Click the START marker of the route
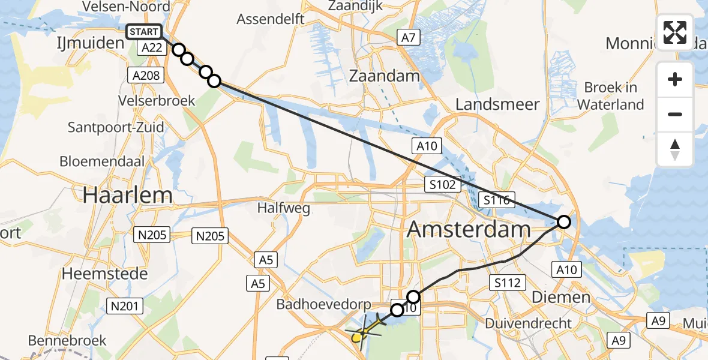coord(144,32)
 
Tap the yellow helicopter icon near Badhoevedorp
coord(364,332)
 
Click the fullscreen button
coord(675,32)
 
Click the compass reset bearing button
coord(675,149)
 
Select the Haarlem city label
coord(128,195)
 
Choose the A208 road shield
coord(145,74)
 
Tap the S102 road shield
coord(443,184)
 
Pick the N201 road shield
coord(125,306)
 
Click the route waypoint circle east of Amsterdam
coord(564,222)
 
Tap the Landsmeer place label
coord(497,104)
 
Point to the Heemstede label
coord(105,274)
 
